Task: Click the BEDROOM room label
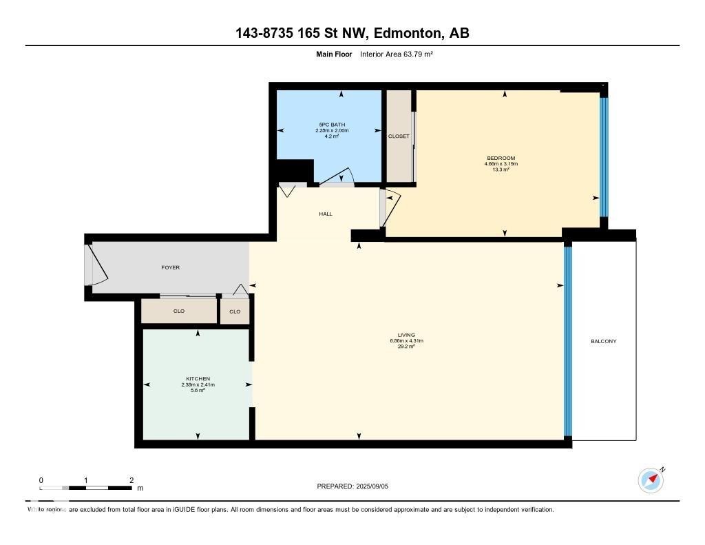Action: coord(501,158)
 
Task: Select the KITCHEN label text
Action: coord(198,379)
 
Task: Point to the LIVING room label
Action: coord(406,335)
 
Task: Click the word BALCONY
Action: coord(603,341)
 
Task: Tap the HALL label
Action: coord(326,214)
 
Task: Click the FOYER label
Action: coord(170,267)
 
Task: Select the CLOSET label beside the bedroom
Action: coord(399,136)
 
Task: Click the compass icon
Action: coord(651,480)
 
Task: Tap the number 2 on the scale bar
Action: coord(131,480)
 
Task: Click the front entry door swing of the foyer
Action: coord(96,265)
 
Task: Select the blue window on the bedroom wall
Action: coord(604,157)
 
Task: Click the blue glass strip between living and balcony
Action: coord(568,341)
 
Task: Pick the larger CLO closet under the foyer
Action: coord(179,311)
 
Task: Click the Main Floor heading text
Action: coord(333,54)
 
